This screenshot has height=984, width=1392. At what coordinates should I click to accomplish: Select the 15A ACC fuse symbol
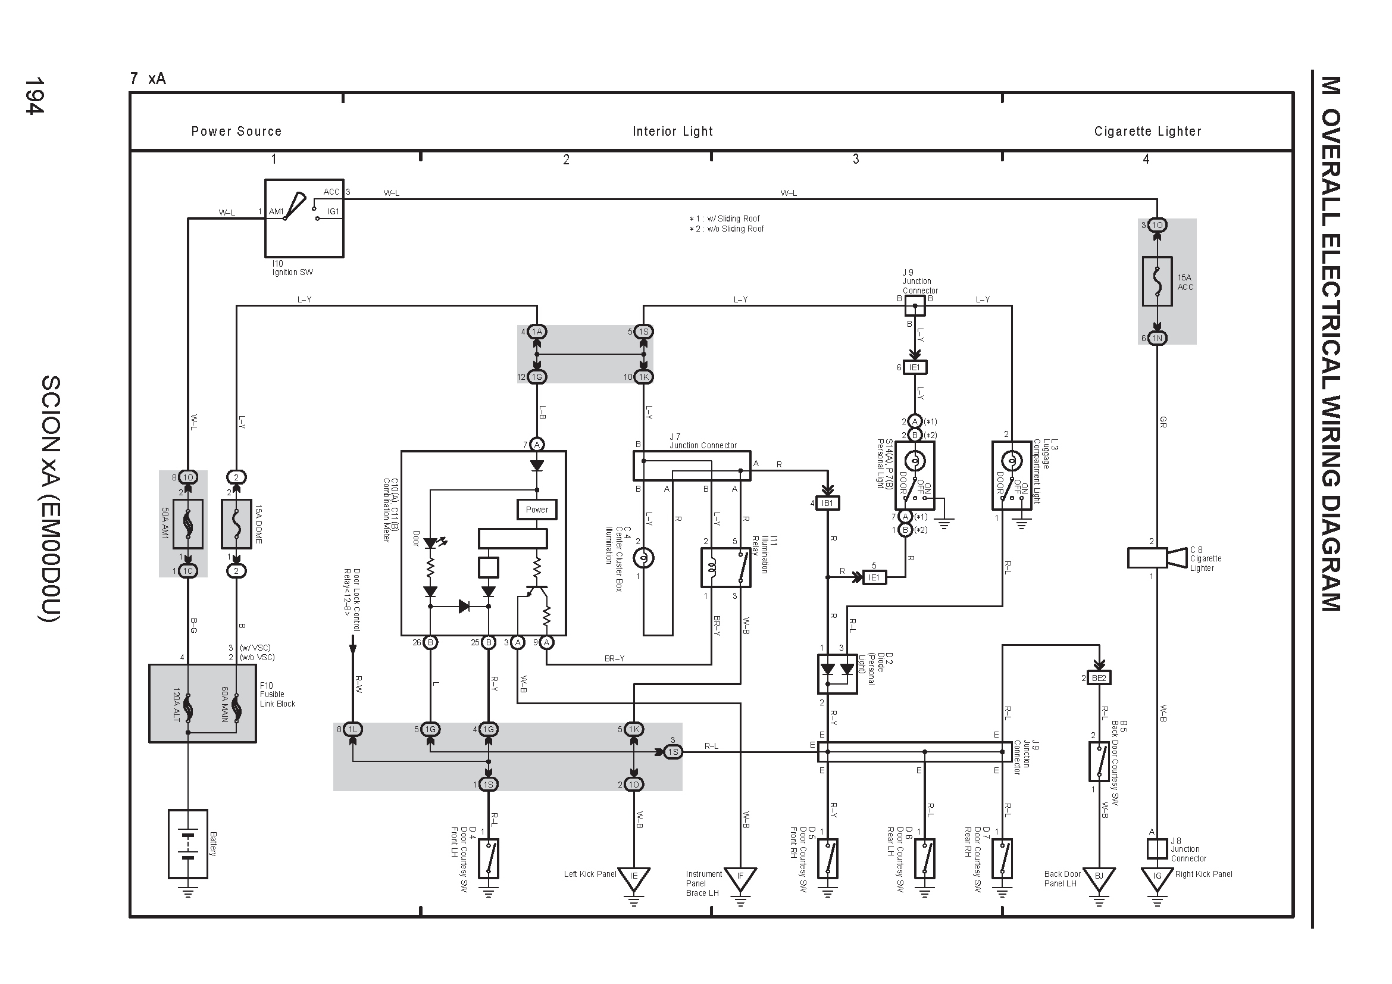pyautogui.click(x=1157, y=281)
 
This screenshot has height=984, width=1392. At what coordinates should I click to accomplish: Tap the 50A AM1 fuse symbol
pyautogui.click(x=188, y=524)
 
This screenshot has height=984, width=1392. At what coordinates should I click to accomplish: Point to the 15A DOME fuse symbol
pyautogui.click(x=236, y=524)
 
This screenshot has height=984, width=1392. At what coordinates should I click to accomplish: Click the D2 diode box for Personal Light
pyautogui.click(x=837, y=674)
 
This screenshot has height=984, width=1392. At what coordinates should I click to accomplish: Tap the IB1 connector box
pyautogui.click(x=828, y=503)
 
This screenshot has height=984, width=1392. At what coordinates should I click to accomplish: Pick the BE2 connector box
pyautogui.click(x=1099, y=678)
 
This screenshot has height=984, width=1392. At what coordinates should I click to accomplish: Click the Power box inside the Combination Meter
pyautogui.click(x=537, y=510)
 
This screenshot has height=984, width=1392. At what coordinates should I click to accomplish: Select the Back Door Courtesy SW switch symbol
pyautogui.click(x=1099, y=761)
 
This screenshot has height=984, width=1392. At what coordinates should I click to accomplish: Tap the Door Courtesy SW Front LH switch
pyautogui.click(x=489, y=858)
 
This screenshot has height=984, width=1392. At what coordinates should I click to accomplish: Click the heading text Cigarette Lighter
pyautogui.click(x=1147, y=131)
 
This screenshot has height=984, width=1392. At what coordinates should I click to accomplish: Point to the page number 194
pyautogui.click(x=34, y=95)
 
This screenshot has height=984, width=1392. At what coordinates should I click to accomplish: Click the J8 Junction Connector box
pyautogui.click(x=1157, y=849)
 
